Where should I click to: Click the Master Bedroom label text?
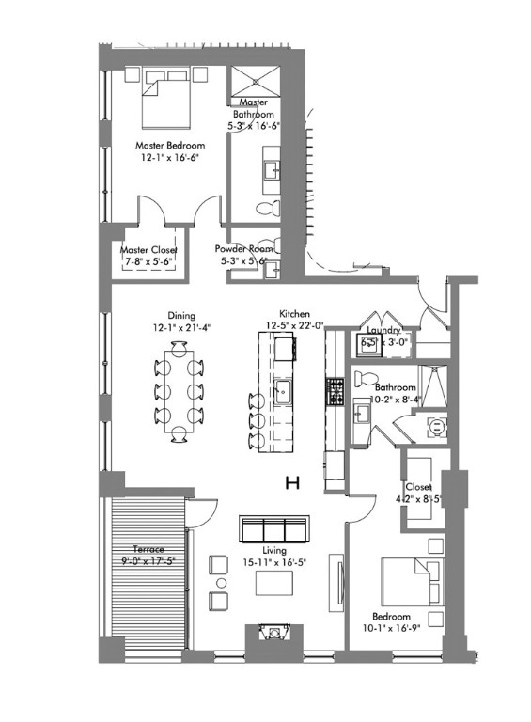(x=169, y=146)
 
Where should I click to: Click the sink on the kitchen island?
(x=281, y=391)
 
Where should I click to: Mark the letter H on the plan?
(x=292, y=483)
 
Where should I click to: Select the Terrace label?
(x=149, y=548)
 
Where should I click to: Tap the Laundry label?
(x=384, y=331)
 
